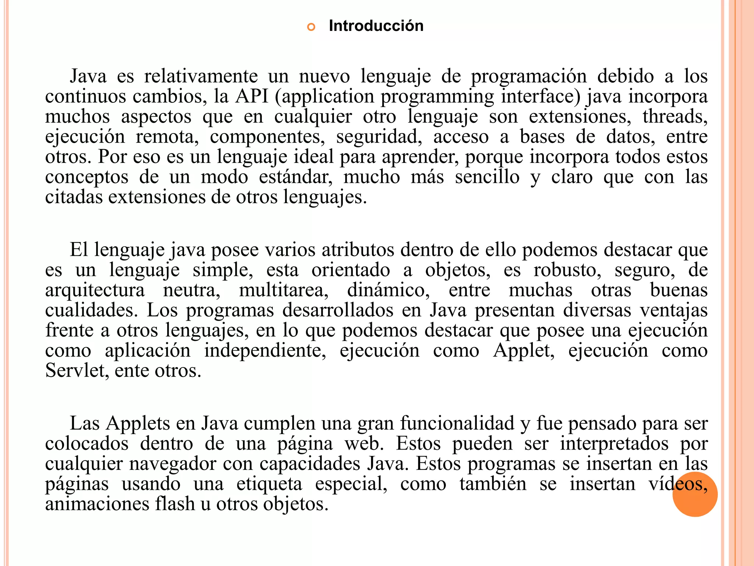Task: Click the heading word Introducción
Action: point(376,26)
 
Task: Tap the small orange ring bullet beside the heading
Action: point(311,27)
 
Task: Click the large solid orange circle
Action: point(695,494)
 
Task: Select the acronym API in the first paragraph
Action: point(252,96)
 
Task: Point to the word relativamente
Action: point(201,76)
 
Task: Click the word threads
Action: point(674,116)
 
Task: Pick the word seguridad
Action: point(379,137)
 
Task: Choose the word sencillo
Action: point(487,177)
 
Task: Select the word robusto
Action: point(567,270)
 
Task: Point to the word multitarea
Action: point(283,290)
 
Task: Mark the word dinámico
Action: point(388,290)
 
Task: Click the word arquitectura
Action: point(95,290)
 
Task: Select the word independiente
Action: point(265,350)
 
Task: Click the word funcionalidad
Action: point(457,423)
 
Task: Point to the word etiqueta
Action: point(269,484)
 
